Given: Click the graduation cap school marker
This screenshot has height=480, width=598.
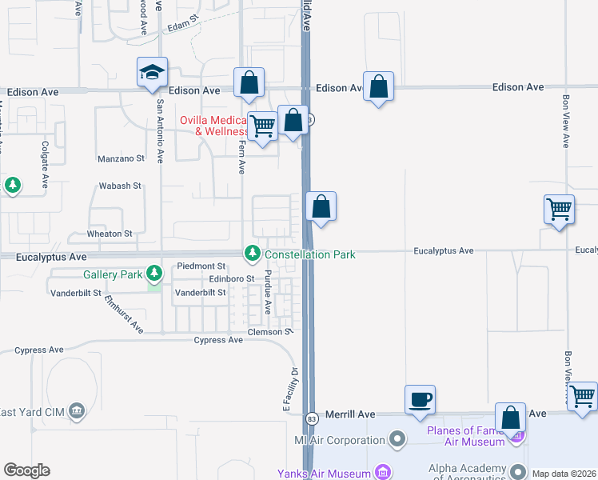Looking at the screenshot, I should coord(152,74).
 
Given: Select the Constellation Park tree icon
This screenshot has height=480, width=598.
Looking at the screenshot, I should coord(253,254).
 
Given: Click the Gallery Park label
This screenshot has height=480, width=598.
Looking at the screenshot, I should coord(112,275).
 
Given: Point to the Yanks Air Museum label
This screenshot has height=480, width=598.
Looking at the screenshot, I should coord(324,473).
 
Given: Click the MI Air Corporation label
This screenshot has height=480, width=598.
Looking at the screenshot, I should coord(340,440).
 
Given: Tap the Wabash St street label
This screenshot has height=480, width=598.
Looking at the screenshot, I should coord(120,186).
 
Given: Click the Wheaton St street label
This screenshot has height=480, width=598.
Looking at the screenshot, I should coord(110,234).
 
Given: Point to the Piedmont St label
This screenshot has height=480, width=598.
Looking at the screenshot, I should coord(201,266).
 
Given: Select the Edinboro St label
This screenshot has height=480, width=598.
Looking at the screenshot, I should coord(231,278).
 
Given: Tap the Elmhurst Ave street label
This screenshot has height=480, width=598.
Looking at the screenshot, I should coord(124,314).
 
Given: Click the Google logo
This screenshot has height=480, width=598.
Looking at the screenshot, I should coord(26,470).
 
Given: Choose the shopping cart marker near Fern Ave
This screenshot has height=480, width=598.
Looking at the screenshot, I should coord(262,126).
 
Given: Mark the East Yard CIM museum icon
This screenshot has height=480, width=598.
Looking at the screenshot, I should coord(77,411).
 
